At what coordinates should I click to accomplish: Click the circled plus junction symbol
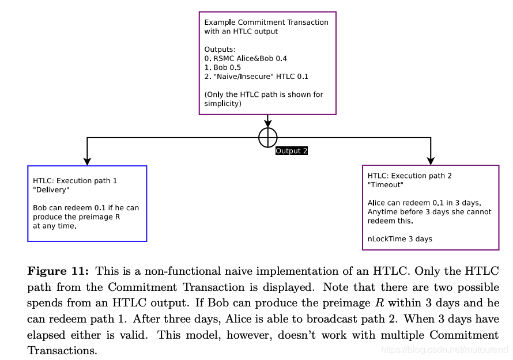[267, 137]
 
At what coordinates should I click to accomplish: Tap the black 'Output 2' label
[292, 151]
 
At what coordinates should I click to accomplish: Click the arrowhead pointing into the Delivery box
[87, 161]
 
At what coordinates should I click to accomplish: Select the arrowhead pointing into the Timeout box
[431, 161]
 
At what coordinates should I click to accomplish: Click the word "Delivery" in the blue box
[51, 190]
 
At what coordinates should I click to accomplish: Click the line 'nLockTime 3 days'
[400, 238]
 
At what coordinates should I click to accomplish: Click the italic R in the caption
[391, 302]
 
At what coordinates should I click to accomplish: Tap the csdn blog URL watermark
[445, 350]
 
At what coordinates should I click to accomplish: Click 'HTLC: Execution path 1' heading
[75, 181]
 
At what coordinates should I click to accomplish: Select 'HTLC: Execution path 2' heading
[410, 176]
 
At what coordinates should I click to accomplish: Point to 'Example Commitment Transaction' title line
[266, 22]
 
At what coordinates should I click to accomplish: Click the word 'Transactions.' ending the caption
[62, 350]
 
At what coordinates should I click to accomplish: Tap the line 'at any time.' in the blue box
[54, 226]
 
